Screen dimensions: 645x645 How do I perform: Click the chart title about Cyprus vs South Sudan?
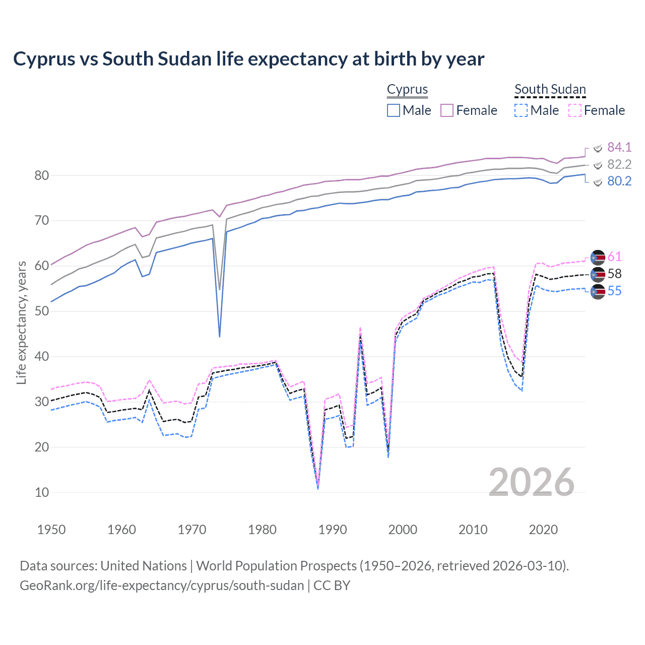pos(248,59)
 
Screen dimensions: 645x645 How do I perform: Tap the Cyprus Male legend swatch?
pos(394,110)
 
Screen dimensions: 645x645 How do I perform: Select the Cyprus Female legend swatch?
pos(447,110)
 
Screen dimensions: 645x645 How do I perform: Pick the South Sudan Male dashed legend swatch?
pos(521,110)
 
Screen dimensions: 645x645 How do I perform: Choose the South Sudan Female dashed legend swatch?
pos(575,110)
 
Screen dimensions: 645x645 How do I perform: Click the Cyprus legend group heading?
pos(407,90)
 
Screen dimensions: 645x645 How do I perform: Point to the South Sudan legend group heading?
pos(550,90)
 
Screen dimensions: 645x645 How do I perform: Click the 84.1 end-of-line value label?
pos(619,147)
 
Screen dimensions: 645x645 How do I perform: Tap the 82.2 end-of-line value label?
pos(619,164)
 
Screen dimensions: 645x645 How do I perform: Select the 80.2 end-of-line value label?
pos(619,181)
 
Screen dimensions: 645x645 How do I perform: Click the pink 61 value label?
pos(614,257)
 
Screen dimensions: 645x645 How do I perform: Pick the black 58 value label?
pos(614,274)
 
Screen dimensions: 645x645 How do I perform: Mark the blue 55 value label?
pos(614,291)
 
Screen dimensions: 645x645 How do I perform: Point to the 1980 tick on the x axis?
pos(262,530)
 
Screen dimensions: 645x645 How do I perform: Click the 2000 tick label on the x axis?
pos(403,530)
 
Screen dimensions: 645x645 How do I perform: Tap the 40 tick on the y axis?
pos(42,357)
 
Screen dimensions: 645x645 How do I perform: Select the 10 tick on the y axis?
pos(42,493)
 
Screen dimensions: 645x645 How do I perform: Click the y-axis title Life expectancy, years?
pos(21,322)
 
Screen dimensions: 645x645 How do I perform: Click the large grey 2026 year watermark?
pos(531,482)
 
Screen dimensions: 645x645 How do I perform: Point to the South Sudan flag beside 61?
pos(598,257)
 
